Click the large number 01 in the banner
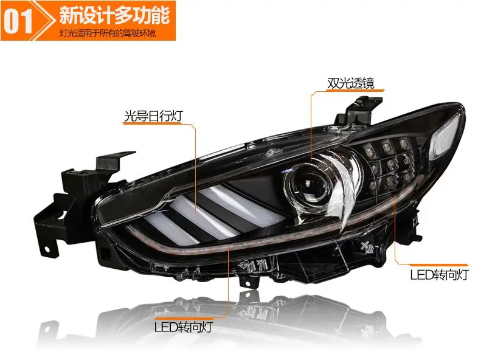tap(18, 21)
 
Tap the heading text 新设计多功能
tap(114, 15)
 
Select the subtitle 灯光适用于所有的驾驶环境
tap(108, 33)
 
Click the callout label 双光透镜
tap(350, 83)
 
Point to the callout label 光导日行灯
tap(153, 116)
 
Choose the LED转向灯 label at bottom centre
tap(183, 327)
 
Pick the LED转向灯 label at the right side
tap(438, 275)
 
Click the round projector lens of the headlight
tap(308, 185)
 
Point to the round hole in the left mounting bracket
tap(47, 250)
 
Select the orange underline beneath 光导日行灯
tap(152, 123)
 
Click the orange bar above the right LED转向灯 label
tap(438, 265)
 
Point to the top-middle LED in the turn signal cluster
tap(387, 148)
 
